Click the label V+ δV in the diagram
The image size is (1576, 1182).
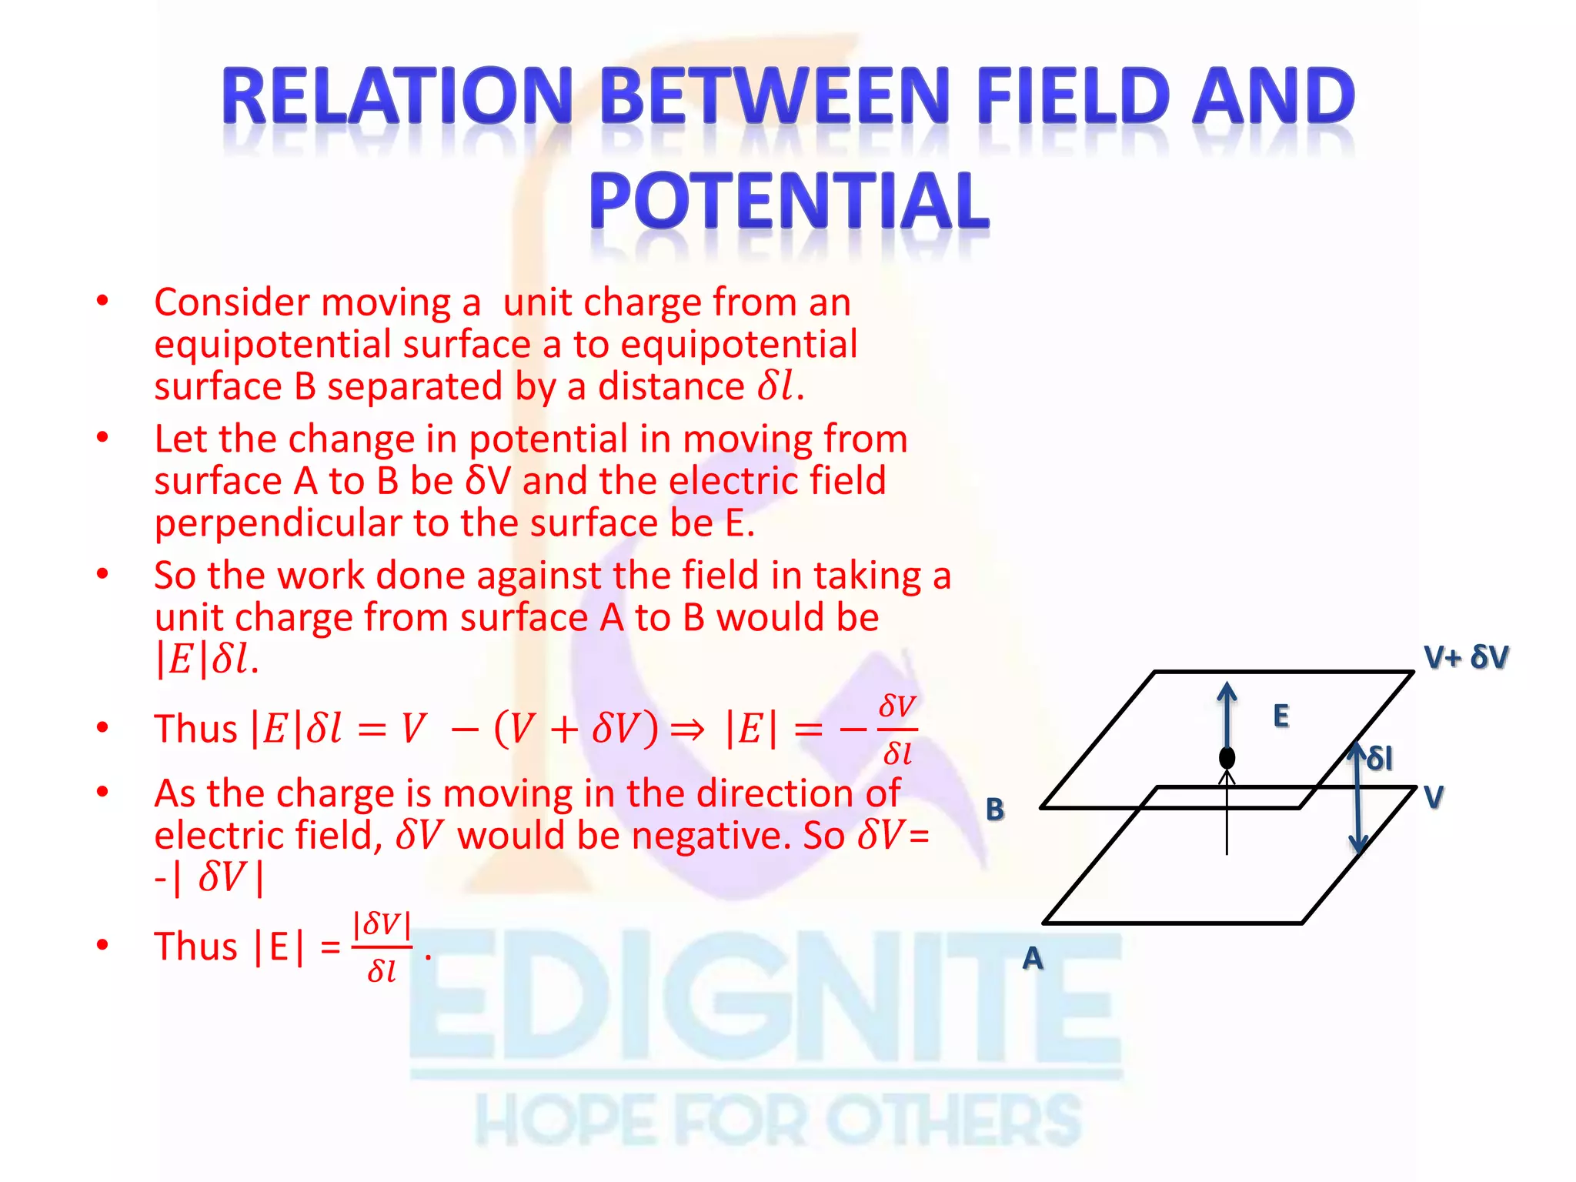point(1466,658)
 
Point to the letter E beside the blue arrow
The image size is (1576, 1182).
point(1280,716)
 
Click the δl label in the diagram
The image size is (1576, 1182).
point(1380,759)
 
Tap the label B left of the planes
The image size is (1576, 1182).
point(995,810)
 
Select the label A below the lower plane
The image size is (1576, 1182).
point(1033,959)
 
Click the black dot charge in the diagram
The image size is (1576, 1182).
point(1227,758)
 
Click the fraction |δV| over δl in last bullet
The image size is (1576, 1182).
point(382,947)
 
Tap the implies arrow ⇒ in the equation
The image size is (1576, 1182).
point(687,730)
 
